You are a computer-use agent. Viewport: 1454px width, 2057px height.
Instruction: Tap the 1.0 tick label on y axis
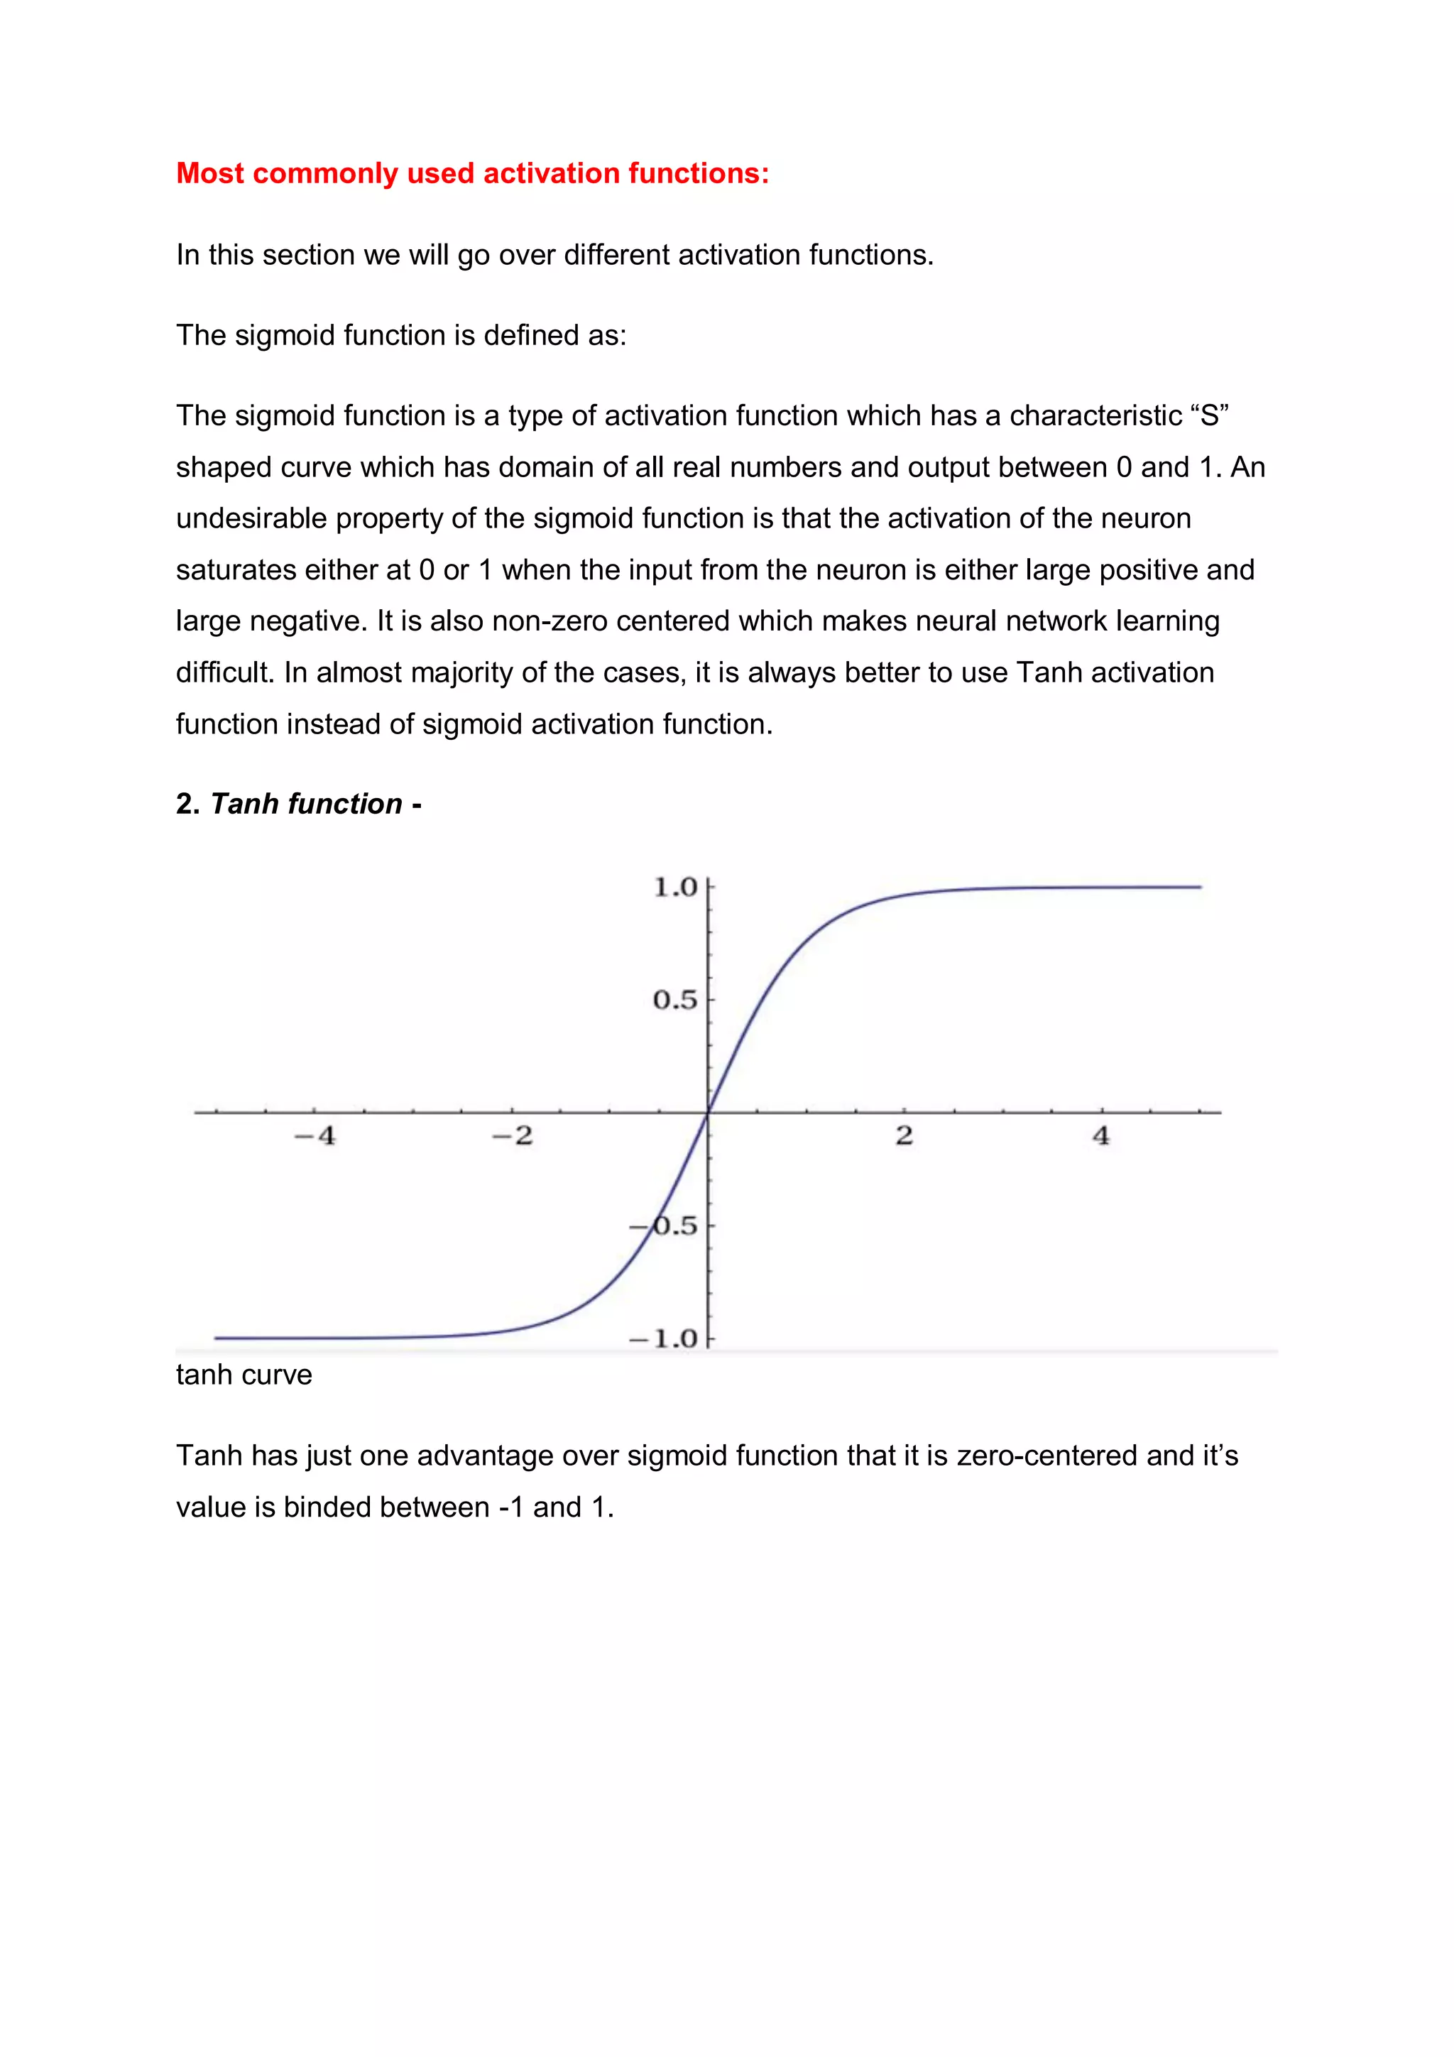(674, 887)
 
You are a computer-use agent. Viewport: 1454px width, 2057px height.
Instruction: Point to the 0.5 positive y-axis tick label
(674, 1000)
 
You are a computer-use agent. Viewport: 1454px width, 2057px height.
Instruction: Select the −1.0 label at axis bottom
(664, 1338)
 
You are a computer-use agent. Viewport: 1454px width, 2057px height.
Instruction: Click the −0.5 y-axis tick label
(664, 1226)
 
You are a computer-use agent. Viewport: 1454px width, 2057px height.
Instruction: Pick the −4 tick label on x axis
(315, 1136)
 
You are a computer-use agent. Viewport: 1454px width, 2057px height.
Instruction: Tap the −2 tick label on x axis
(513, 1136)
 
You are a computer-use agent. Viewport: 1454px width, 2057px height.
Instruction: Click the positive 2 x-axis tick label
(904, 1136)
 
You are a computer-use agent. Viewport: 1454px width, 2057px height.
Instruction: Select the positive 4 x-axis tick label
(1100, 1136)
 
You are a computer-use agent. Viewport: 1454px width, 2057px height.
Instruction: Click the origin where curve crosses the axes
(708, 1113)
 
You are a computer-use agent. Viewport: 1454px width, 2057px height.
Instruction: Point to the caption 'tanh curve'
(244, 1375)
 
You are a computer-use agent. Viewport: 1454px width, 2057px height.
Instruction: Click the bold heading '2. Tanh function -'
(298, 804)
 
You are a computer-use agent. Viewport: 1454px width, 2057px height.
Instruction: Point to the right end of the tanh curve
(1200, 887)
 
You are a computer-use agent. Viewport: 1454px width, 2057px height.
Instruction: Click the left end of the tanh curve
(216, 1338)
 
